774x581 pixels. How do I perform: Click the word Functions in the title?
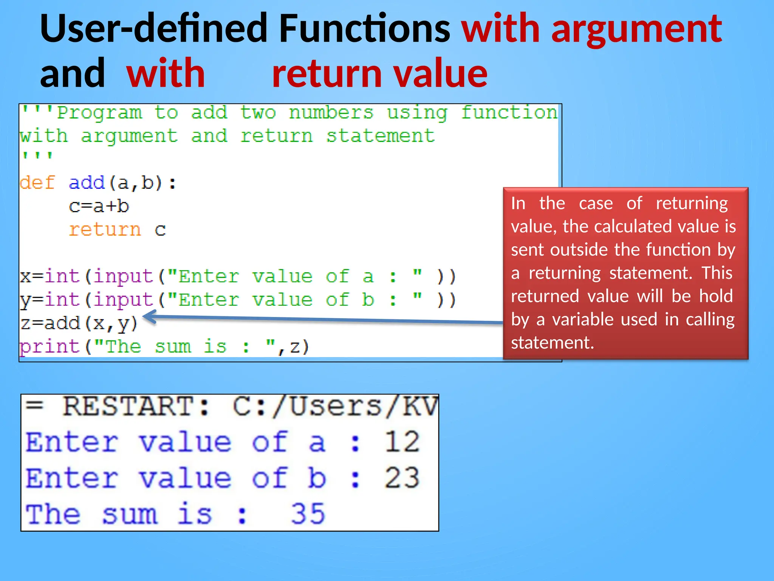[365, 28]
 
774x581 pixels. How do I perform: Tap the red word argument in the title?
[637, 30]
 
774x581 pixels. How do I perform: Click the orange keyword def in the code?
[37, 183]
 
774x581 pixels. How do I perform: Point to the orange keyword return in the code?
[105, 230]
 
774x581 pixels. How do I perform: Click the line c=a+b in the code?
[99, 207]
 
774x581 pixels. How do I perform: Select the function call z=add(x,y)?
[79, 324]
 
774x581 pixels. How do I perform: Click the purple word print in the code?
[49, 347]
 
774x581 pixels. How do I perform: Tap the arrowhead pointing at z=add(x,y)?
[149, 317]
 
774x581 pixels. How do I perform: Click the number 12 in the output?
[402, 442]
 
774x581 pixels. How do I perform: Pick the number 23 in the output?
[402, 478]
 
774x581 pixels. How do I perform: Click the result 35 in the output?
[308, 514]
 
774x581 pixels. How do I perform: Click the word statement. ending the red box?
[552, 343]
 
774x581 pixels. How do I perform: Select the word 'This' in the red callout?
[717, 273]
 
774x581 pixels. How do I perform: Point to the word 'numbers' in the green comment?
[331, 113]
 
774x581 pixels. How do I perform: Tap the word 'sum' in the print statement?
[173, 347]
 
